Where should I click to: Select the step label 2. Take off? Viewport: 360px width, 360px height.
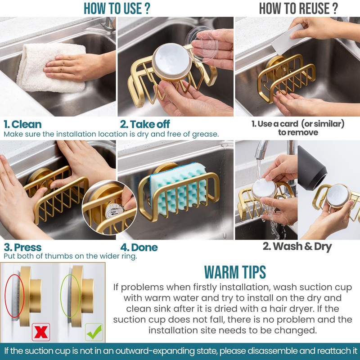[145, 124]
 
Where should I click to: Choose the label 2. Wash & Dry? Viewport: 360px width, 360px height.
[297, 246]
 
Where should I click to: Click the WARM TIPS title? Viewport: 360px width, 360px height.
[234, 272]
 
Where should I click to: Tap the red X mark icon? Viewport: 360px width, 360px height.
[40, 332]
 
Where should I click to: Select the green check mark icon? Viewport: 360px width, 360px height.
[94, 332]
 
